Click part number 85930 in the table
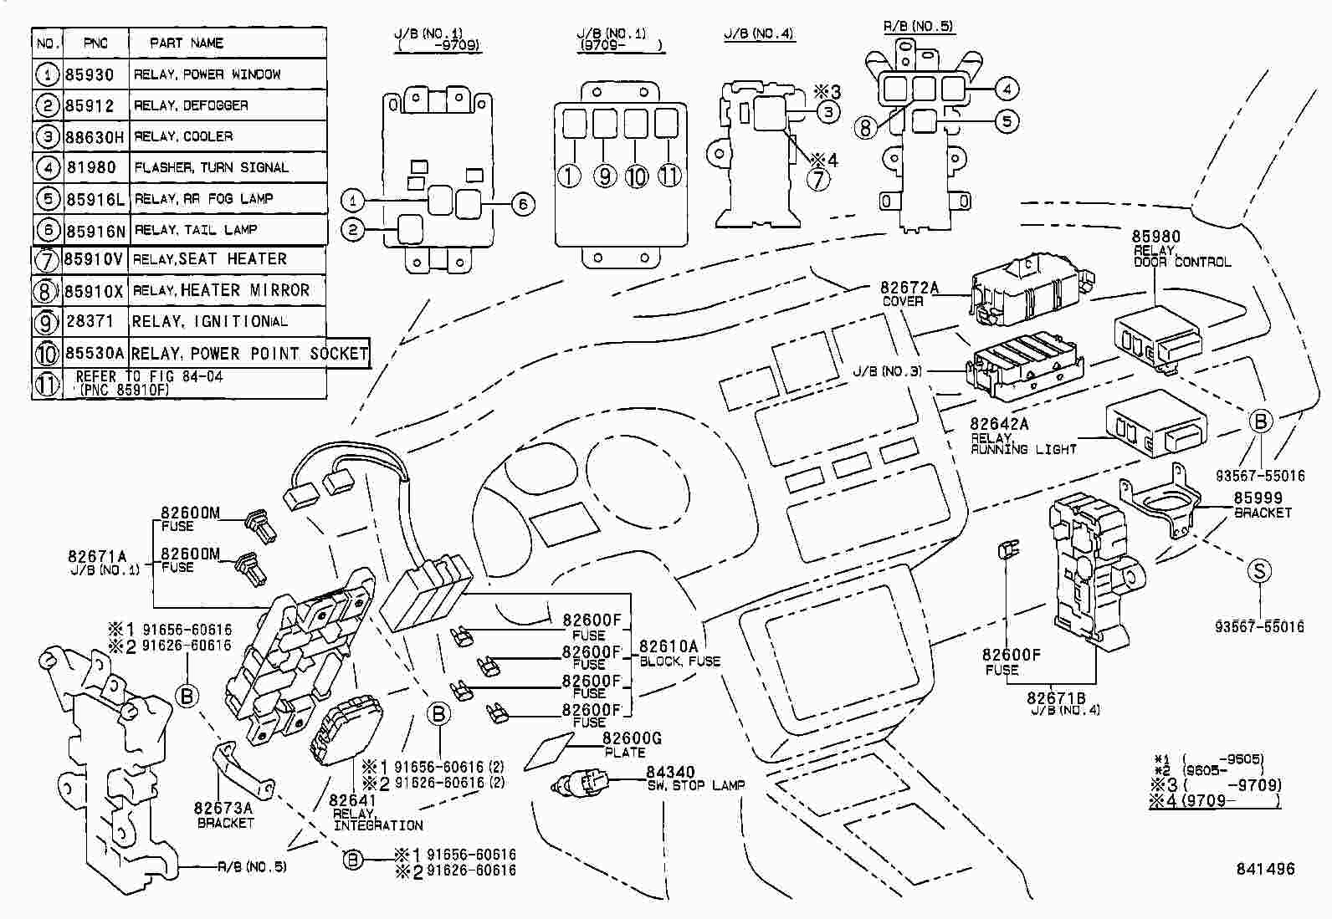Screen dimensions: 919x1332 click(x=90, y=74)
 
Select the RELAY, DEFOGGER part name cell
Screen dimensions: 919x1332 click(x=191, y=105)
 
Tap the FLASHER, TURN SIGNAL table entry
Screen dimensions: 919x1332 click(x=211, y=167)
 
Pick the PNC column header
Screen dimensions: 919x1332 click(x=96, y=43)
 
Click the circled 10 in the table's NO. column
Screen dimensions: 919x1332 click(x=47, y=354)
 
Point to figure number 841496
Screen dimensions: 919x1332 click(x=1265, y=869)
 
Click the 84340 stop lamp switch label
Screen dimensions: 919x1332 click(x=670, y=773)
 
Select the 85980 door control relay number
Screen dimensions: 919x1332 click(x=1155, y=237)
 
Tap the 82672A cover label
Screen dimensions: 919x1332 click(x=909, y=288)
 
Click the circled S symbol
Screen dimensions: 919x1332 click(x=1259, y=571)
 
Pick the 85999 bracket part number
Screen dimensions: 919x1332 click(x=1258, y=498)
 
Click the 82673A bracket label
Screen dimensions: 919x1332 click(x=223, y=808)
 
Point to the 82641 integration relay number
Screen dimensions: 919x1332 click(x=352, y=800)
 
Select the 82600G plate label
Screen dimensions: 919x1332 click(x=632, y=738)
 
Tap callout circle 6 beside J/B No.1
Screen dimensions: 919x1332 click(x=523, y=204)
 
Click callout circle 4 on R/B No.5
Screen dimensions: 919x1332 click(x=1007, y=88)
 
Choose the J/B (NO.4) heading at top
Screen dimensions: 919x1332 click(x=759, y=34)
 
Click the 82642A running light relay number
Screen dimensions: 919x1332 click(x=999, y=425)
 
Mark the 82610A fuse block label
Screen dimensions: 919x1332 click(x=669, y=646)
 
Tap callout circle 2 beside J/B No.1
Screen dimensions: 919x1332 click(x=354, y=228)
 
